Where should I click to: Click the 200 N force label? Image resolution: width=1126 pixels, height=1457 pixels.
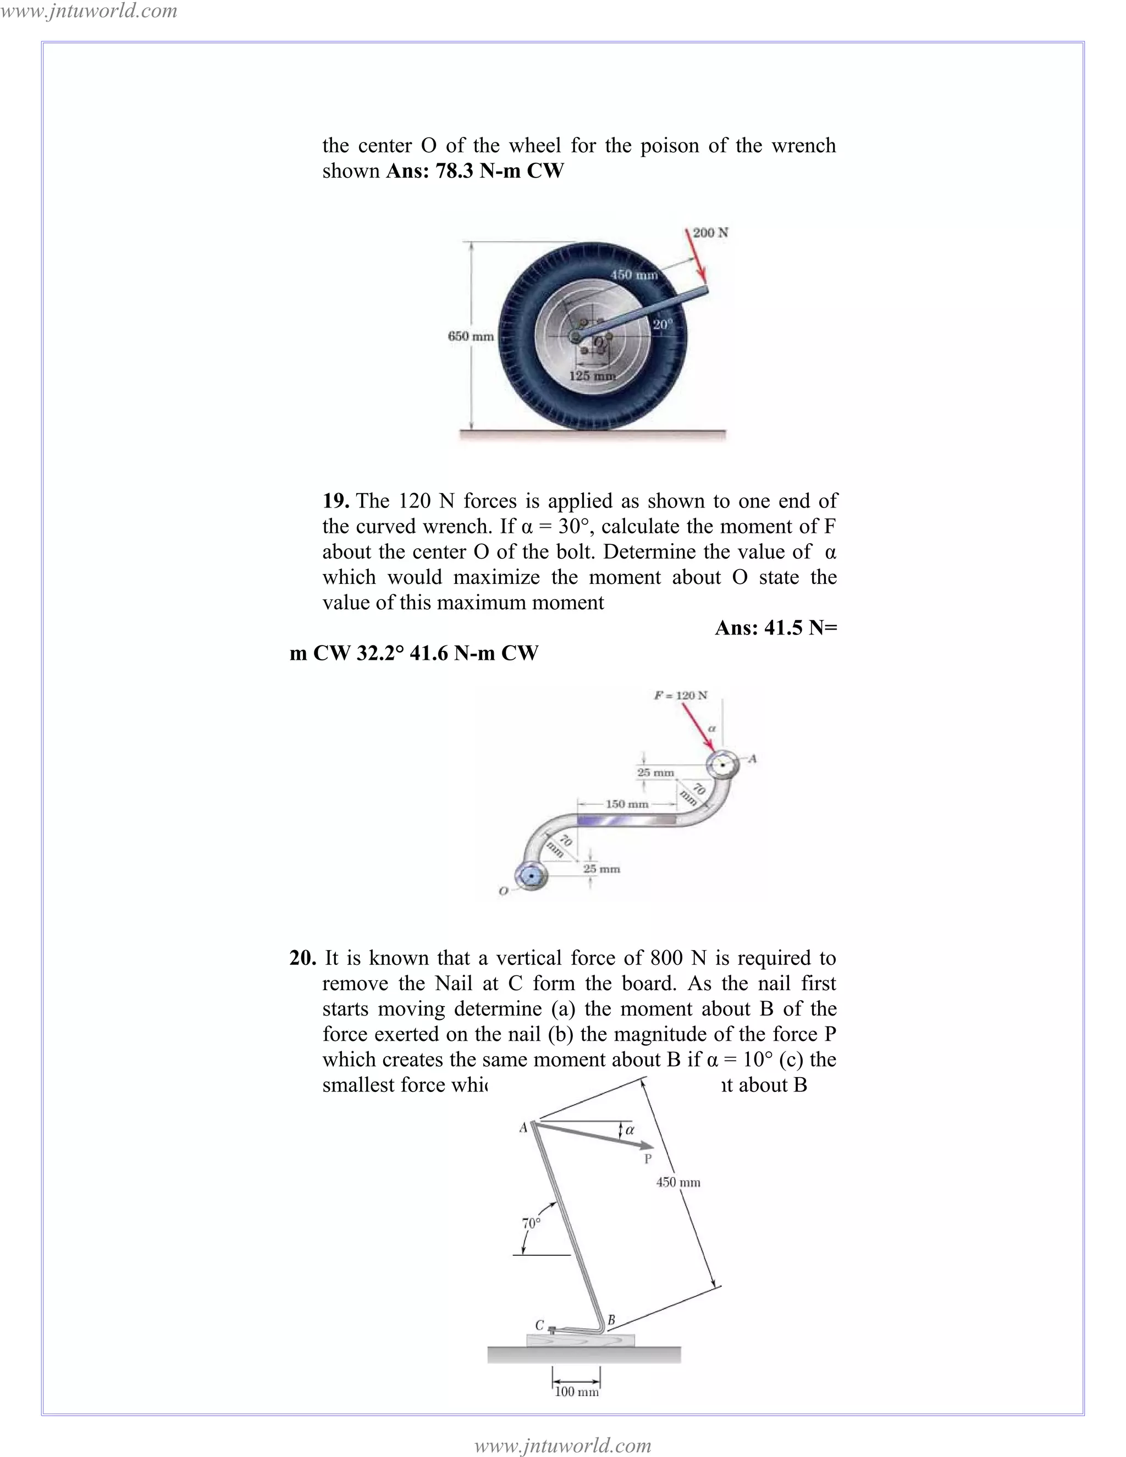coord(710,233)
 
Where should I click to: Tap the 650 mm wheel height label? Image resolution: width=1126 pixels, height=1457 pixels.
coord(470,336)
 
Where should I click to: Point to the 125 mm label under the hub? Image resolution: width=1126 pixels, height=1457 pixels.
coord(591,376)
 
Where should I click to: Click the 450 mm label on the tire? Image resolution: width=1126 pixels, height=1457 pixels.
coord(634,275)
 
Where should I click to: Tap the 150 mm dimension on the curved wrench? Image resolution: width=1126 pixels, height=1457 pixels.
coord(626,804)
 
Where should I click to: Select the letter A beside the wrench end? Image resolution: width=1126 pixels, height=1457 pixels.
coord(753,759)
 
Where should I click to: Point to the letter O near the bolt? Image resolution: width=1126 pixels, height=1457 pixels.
coord(504,891)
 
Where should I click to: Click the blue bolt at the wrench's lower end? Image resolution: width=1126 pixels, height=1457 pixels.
coord(531,875)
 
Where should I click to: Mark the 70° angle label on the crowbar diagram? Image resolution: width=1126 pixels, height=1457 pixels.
coord(531,1223)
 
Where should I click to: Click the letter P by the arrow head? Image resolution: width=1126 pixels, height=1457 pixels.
coord(647,1160)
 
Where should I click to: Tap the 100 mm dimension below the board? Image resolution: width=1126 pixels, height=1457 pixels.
coord(576,1392)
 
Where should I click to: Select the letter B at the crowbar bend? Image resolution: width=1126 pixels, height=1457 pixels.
coord(610,1320)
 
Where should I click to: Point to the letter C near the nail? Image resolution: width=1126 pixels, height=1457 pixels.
coord(540,1325)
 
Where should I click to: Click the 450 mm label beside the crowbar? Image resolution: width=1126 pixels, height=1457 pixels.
coord(678,1182)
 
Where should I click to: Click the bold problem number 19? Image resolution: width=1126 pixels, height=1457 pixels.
coord(335,501)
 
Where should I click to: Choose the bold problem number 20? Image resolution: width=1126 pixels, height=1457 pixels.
coord(303,958)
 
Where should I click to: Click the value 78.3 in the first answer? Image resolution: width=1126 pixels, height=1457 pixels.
coord(455,171)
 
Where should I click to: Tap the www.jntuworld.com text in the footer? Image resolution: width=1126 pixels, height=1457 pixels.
coord(562,1445)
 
